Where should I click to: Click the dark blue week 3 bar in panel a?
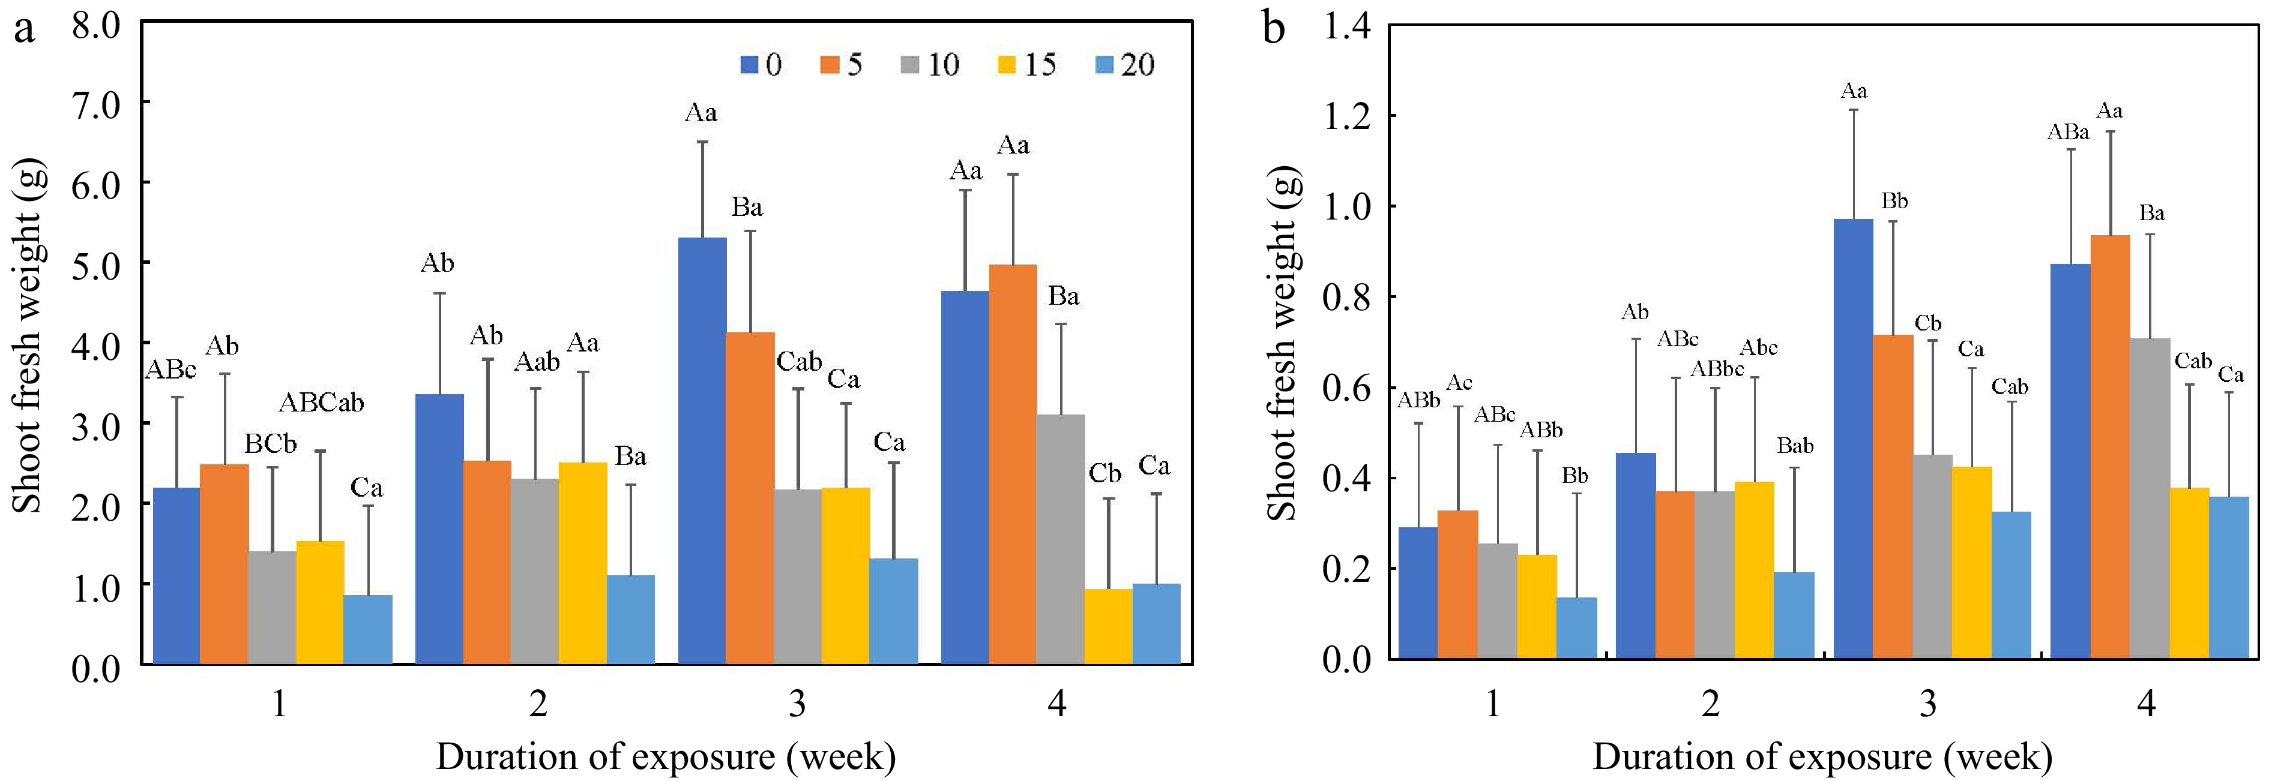702,450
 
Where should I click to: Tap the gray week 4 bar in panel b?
2150,497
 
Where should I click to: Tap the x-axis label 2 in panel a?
537,704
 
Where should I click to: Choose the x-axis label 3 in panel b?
1928,704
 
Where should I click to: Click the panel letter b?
1274,28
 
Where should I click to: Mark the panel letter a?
24,28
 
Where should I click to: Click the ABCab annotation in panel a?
322,403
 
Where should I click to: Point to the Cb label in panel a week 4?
1104,474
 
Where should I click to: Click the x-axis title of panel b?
1822,755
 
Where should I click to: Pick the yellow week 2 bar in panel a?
582,562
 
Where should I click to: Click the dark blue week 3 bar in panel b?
1853,438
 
